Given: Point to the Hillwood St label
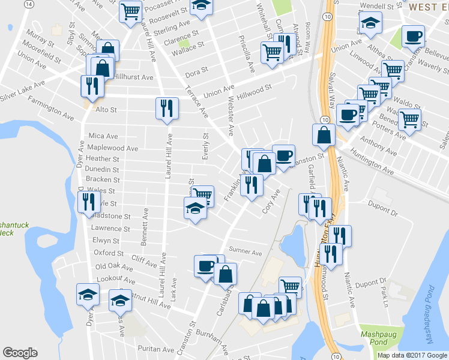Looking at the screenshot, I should [254, 91].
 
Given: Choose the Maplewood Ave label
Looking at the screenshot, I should [112, 148].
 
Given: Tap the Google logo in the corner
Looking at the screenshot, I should [20, 353].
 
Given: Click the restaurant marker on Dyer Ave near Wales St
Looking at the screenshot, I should [89, 201].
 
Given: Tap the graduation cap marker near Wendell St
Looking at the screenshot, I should [370, 23].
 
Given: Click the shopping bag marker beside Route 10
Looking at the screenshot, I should [324, 135].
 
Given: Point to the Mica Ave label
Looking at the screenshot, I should [103, 136].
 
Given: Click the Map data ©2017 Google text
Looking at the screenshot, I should [411, 355].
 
